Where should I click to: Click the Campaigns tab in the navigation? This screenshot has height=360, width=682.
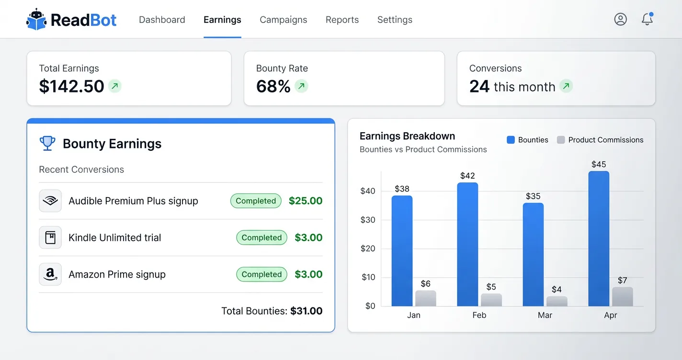click(283, 20)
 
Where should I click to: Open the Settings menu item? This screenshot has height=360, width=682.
click(395, 20)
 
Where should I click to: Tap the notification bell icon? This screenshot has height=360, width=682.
click(647, 19)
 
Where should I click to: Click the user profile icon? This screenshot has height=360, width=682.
click(620, 19)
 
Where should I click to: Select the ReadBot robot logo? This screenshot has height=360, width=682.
click(36, 20)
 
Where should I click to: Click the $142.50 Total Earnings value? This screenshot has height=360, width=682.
click(71, 86)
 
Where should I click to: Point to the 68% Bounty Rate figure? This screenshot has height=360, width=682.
click(273, 86)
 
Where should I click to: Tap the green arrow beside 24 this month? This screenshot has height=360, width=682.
click(566, 86)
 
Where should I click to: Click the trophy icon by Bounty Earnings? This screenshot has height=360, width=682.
click(47, 143)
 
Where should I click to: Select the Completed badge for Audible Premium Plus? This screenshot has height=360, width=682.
click(256, 201)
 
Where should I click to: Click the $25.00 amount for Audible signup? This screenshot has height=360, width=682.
click(306, 201)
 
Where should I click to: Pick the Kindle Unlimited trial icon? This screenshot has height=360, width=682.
click(50, 237)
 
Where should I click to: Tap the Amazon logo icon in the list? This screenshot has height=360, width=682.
click(50, 274)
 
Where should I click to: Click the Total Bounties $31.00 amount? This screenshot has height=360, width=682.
click(306, 311)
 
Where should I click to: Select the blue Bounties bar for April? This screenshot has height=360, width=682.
click(599, 239)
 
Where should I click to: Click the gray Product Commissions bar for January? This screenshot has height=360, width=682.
click(425, 298)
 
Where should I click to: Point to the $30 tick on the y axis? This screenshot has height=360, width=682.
click(367, 220)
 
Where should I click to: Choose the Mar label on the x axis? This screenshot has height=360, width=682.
click(545, 315)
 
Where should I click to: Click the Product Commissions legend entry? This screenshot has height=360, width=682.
click(600, 140)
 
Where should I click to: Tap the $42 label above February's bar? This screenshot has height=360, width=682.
click(467, 176)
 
